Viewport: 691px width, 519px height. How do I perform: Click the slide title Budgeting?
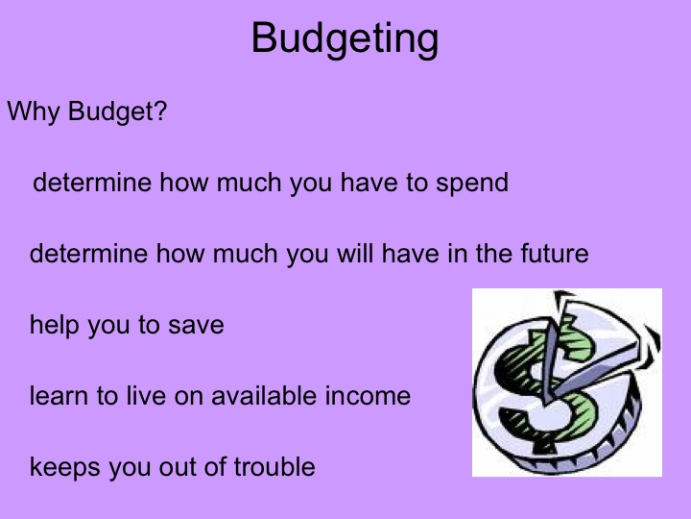click(345, 39)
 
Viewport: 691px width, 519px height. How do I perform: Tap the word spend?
click(471, 183)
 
